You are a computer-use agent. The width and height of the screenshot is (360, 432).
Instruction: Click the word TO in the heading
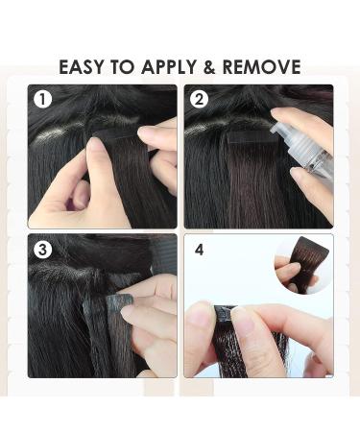[125, 67]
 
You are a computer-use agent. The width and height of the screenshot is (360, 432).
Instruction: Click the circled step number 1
[42, 99]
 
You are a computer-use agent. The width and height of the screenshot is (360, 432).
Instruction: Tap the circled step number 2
[200, 99]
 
